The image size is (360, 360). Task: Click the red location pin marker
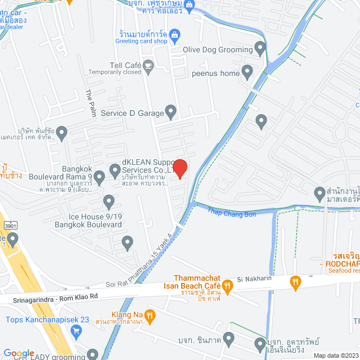coord(179,168)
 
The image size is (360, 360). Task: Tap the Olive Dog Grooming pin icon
coord(260,49)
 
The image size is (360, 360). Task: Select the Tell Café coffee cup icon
coord(148,65)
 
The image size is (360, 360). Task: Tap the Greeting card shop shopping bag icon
coord(174,35)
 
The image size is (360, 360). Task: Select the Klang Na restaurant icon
coord(150,316)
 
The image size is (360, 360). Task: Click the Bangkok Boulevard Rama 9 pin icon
coord(100,178)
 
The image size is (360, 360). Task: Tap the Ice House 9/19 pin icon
coord(109,201)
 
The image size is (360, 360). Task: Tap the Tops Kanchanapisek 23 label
coord(47,319)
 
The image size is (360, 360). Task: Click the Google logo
coord(19,353)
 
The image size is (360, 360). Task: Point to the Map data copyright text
coord(335,355)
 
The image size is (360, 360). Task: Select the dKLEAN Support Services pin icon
coord(115,168)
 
